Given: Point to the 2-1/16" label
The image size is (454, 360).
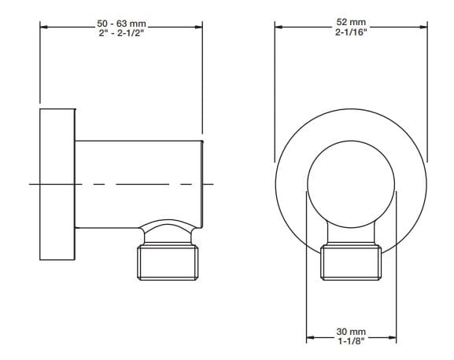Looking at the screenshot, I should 350,32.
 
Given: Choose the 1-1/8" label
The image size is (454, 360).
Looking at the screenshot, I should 350,343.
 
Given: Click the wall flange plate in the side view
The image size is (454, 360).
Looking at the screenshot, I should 57,185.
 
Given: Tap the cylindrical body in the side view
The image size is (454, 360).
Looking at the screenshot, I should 138,181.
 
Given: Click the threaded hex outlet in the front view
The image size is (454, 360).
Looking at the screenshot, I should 350,263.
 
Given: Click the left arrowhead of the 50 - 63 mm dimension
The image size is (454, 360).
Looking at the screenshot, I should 44,28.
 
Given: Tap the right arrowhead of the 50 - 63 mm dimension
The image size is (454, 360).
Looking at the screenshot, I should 199,28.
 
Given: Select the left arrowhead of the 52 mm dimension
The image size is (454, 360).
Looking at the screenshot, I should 279,28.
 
